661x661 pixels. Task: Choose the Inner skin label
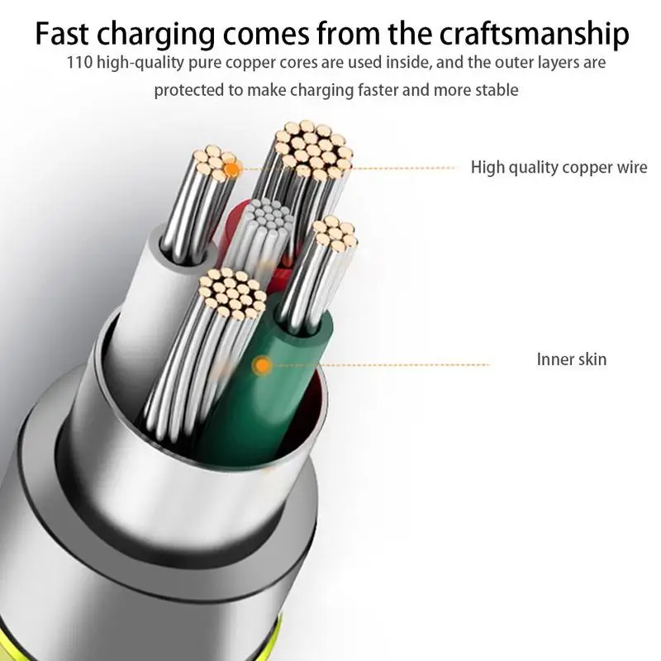(571, 359)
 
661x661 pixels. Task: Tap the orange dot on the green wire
(263, 364)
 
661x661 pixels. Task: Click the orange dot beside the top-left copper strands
(233, 170)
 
